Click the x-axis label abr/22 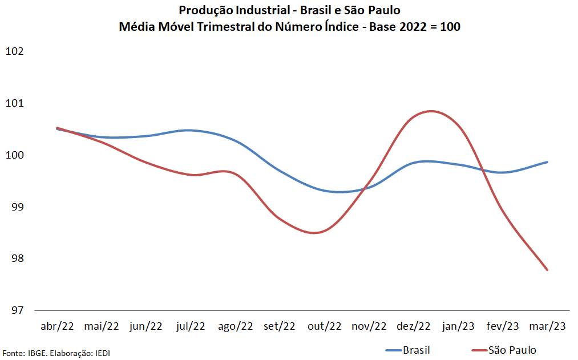[57, 326]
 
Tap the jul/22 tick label [191, 326]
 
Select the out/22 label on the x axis [324, 326]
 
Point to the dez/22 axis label [414, 326]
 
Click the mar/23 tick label [547, 326]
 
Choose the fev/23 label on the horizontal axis [503, 326]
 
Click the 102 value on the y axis [14, 51]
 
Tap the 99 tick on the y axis [18, 207]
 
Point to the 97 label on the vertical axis [18, 310]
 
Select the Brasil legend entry [416, 350]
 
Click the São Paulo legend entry [512, 350]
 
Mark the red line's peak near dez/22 [431, 111]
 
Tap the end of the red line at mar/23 [547, 270]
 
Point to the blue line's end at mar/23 [547, 162]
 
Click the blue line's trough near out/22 [340, 192]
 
